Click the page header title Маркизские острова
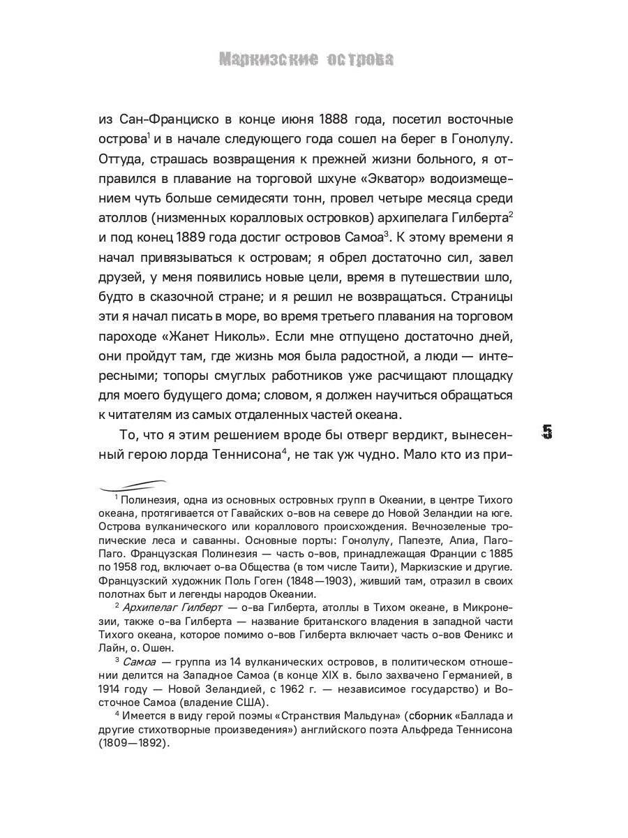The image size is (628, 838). [306, 60]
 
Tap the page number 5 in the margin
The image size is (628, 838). [547, 432]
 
